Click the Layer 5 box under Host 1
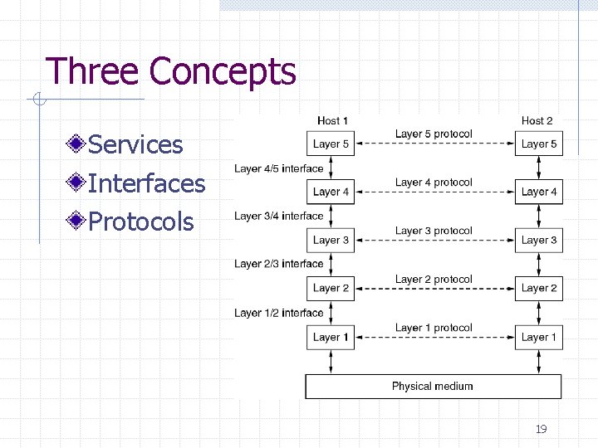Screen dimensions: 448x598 [x=331, y=144]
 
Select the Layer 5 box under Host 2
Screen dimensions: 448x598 [x=538, y=144]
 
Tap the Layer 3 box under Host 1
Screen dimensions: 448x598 [x=331, y=241]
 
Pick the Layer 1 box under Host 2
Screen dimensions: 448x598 [x=538, y=337]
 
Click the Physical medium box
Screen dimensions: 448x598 [x=433, y=386]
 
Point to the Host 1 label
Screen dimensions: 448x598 [x=333, y=121]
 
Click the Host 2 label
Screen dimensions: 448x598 [x=537, y=121]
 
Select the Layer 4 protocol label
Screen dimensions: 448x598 [x=434, y=183]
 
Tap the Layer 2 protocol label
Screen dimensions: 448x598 [x=434, y=280]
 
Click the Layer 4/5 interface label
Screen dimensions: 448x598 [x=278, y=168]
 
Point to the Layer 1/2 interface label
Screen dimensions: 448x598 [x=278, y=313]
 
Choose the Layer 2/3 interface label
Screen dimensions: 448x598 [x=278, y=264]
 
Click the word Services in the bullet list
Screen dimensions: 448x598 [x=135, y=144]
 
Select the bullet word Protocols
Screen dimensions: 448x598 [x=140, y=222]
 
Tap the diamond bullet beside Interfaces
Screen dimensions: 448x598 [x=76, y=183]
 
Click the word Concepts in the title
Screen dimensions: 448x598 [x=223, y=71]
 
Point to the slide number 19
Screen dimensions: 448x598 [x=541, y=429]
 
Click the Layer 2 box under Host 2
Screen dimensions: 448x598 [x=538, y=289]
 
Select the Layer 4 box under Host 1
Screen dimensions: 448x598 [x=331, y=192]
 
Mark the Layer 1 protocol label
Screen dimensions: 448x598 [x=434, y=328]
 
